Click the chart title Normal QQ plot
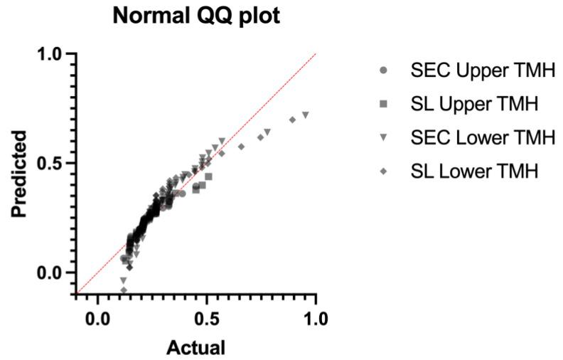tap(195, 16)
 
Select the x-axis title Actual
tap(195, 347)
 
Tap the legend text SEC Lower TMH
tap(482, 137)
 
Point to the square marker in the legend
tap(384, 104)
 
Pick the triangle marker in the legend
tap(384, 138)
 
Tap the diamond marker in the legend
tap(384, 171)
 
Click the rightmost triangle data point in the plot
tap(306, 115)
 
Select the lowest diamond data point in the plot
tap(124, 290)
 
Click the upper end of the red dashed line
tap(315, 54)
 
